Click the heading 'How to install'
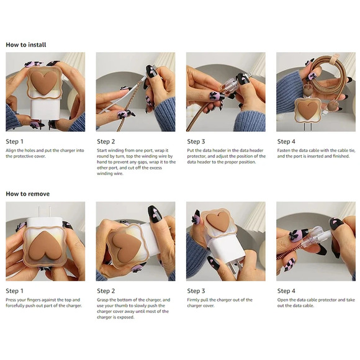(26, 45)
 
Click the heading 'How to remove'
(28, 194)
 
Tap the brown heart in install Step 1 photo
(44, 82)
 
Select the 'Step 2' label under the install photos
(106, 142)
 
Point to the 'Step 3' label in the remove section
(196, 291)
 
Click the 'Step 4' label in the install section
(286, 142)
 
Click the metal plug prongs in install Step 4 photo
(308, 127)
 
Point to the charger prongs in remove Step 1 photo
(44, 211)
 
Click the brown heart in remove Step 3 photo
(218, 222)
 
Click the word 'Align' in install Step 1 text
(11, 151)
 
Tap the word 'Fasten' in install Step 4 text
(284, 151)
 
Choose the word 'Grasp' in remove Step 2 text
(102, 300)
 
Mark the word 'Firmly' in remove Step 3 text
(193, 300)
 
